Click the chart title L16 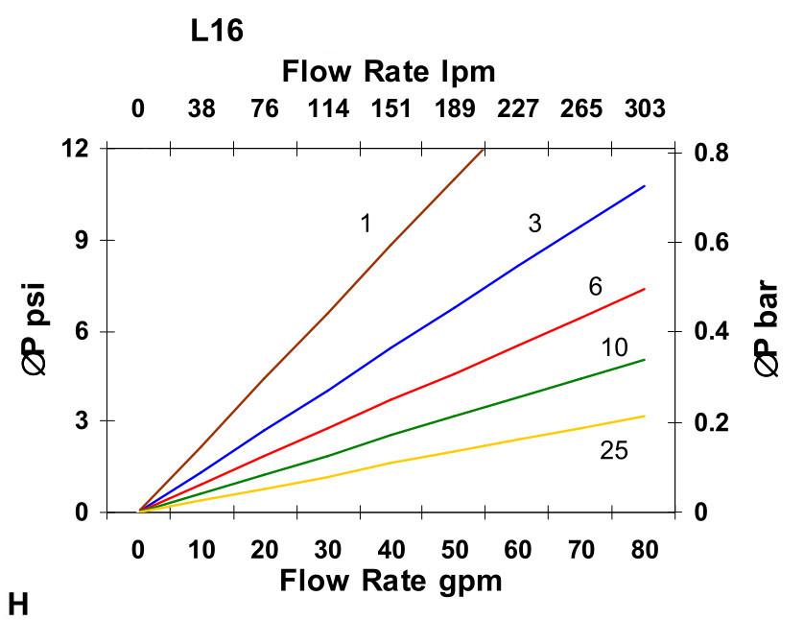pyautogui.click(x=217, y=32)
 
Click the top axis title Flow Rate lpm pyautogui.click(x=389, y=71)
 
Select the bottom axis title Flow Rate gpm pyautogui.click(x=390, y=581)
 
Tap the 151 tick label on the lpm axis pyautogui.click(x=390, y=108)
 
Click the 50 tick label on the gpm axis pyautogui.click(x=454, y=550)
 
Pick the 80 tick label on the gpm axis pyautogui.click(x=643, y=550)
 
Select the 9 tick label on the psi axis pyautogui.click(x=82, y=240)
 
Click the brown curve pyautogui.click(x=326, y=314)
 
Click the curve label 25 pyautogui.click(x=613, y=449)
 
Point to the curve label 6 pyautogui.click(x=595, y=287)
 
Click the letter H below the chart pyautogui.click(x=18, y=604)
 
